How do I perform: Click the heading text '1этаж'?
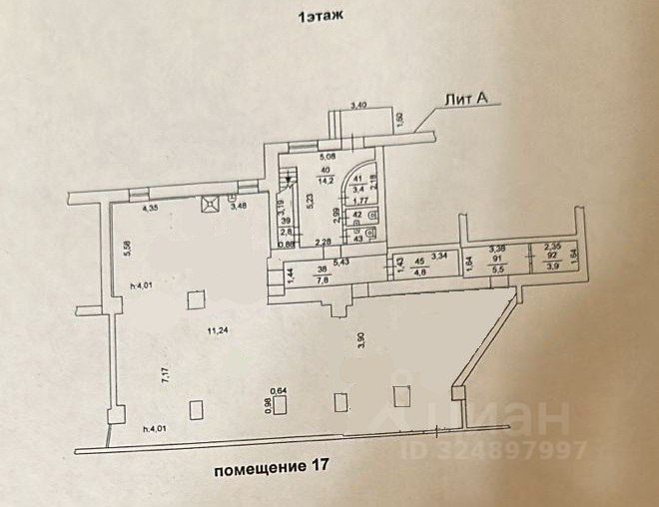318,17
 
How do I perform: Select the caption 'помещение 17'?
269,465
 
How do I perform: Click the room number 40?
326,169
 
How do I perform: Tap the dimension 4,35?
151,210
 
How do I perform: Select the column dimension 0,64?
282,391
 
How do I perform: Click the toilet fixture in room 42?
373,215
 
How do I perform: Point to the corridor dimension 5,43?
340,262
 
